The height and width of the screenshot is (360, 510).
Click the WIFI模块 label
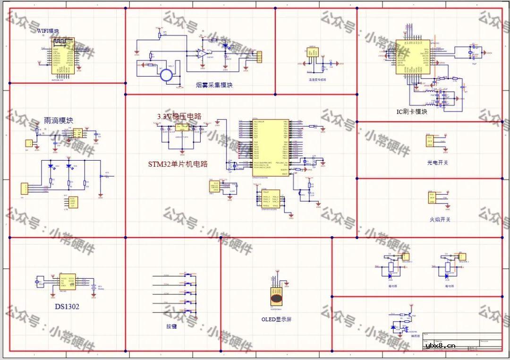[x=48, y=31]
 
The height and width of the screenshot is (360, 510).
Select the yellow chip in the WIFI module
[x=62, y=60]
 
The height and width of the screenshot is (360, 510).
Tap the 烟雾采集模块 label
[x=214, y=86]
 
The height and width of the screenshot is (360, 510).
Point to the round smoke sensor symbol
[x=166, y=75]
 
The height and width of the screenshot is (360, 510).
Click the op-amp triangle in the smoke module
[x=202, y=53]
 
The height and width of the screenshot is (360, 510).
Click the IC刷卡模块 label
[x=412, y=112]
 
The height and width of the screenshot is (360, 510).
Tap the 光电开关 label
[x=438, y=163]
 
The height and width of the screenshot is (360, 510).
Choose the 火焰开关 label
[x=439, y=220]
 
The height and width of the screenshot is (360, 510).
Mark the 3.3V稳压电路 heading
[x=179, y=116]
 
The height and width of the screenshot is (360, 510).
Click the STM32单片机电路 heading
[x=178, y=164]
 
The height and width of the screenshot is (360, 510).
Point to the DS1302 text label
[x=67, y=307]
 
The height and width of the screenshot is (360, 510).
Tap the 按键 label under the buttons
[x=171, y=326]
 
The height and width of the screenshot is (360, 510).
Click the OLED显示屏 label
[x=277, y=319]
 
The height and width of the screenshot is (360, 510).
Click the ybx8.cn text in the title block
[x=440, y=345]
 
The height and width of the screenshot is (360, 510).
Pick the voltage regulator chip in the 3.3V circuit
[x=181, y=127]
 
